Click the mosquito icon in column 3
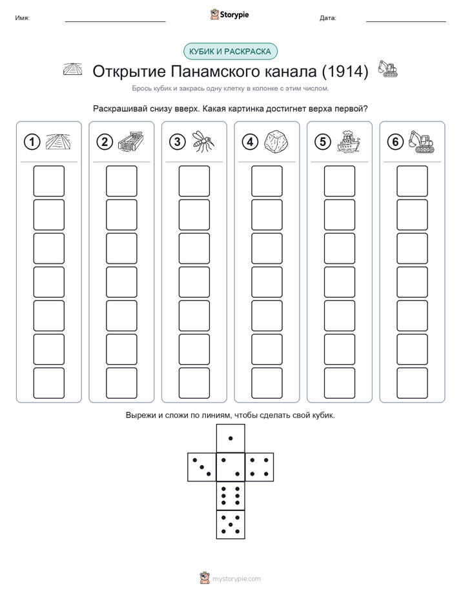pyautogui.click(x=203, y=141)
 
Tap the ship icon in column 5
pyautogui.click(x=348, y=141)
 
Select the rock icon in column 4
pyautogui.click(x=276, y=142)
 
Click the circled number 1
pyautogui.click(x=32, y=142)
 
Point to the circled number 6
pyautogui.click(x=395, y=142)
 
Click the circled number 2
pyautogui.click(x=105, y=142)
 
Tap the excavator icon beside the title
pyautogui.click(x=387, y=69)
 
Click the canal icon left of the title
pyautogui.click(x=73, y=70)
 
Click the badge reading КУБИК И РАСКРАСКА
pyautogui.click(x=230, y=52)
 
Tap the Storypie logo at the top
pyautogui.click(x=229, y=14)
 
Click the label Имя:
pyautogui.click(x=22, y=18)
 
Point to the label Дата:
pyautogui.click(x=328, y=18)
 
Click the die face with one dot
pyautogui.click(x=230, y=438)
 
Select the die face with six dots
pyautogui.click(x=230, y=496)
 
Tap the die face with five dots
pyautogui.click(x=230, y=525)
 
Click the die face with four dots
pyautogui.click(x=260, y=467)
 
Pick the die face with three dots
pyautogui.click(x=202, y=467)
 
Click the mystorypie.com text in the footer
pyautogui.click(x=236, y=579)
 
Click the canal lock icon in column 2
pyautogui.click(x=130, y=142)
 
